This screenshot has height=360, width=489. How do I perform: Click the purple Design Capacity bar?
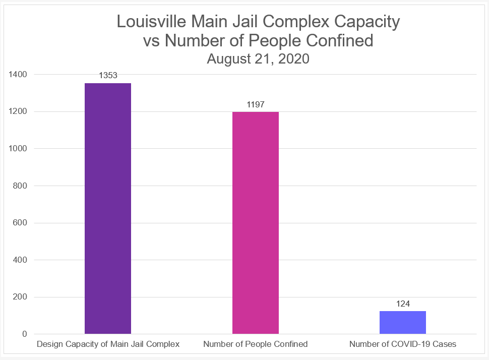coord(108,208)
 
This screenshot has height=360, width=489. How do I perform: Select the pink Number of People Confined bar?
coord(256,222)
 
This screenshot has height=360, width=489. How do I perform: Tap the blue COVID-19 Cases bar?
coord(403,322)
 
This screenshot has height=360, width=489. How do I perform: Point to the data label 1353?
coord(108,76)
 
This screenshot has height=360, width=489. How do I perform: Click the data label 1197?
coord(256,104)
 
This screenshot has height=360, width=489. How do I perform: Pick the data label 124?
coord(403,304)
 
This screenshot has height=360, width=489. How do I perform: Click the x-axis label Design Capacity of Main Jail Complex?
coord(108,344)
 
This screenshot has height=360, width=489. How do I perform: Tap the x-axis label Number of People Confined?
coord(256,344)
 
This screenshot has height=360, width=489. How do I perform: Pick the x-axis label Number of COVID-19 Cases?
coord(403,344)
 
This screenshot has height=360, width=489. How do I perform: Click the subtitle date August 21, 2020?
coord(258,58)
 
